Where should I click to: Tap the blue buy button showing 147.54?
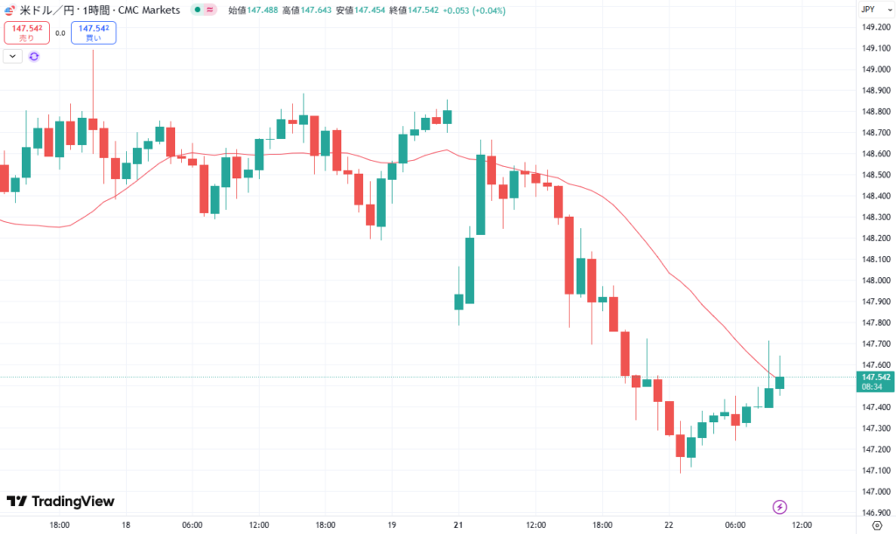(x=94, y=33)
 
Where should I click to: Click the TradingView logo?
(x=60, y=502)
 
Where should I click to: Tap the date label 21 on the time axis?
(x=458, y=525)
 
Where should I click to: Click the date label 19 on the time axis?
(x=392, y=525)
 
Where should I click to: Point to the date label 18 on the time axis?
(x=127, y=525)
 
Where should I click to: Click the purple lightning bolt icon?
(x=780, y=507)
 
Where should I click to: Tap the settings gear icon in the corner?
(x=878, y=525)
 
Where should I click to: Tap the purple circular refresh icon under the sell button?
(x=34, y=56)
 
